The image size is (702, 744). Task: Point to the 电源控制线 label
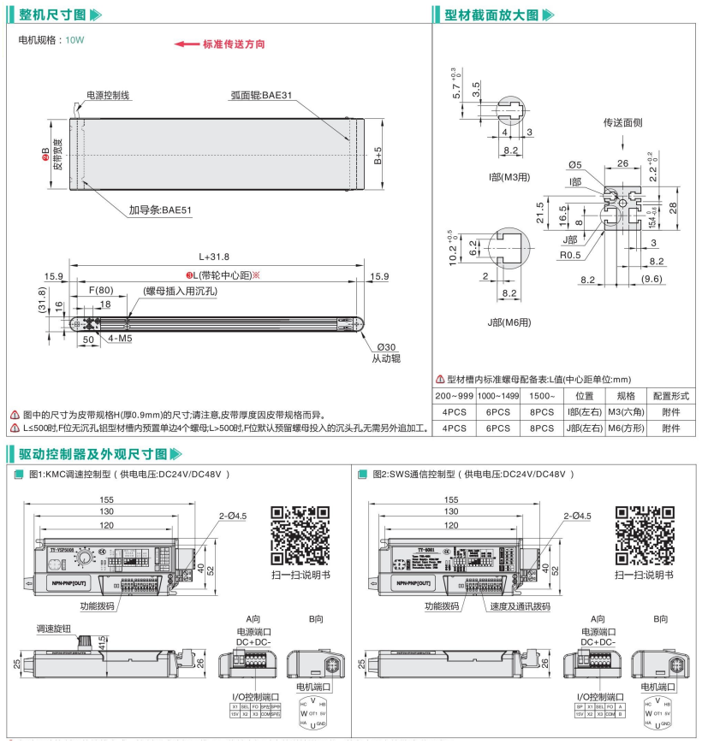tap(109, 96)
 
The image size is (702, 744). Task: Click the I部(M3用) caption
tap(509, 177)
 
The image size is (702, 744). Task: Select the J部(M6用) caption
tap(509, 322)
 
